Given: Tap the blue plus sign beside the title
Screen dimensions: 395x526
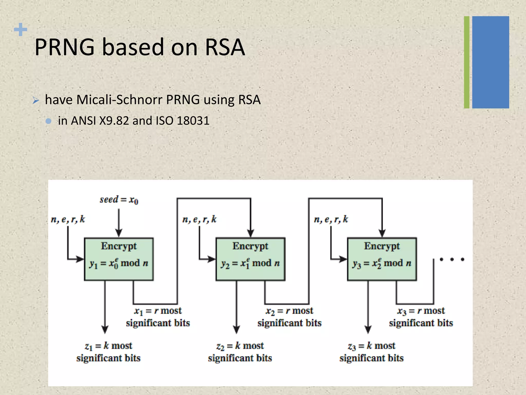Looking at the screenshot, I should pos(21,30).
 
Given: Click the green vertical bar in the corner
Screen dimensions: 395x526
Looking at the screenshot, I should pos(467,62).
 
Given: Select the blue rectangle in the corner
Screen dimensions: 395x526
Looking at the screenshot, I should pos(491,62).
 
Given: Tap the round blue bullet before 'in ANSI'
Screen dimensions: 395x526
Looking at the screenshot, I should pos(48,121).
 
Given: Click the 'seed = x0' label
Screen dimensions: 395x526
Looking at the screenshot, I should pos(119,200).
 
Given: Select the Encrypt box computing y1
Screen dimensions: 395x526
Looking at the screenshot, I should pos(119,259).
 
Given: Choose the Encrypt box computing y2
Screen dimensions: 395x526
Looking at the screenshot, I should pos(250,259).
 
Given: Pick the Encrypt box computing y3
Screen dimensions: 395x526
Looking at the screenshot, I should pos(382,259).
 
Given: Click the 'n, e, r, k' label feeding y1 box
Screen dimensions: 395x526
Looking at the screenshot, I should pos(68,219).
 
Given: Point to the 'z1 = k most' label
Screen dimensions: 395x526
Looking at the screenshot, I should pos(108,346).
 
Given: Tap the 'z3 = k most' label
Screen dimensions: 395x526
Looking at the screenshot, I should pos(371,346).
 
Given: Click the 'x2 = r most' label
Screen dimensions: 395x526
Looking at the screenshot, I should pos(289,311).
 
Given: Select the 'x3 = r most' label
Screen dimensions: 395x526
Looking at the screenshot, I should pos(421,311).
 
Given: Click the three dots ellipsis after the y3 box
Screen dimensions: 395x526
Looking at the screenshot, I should pos(452,259).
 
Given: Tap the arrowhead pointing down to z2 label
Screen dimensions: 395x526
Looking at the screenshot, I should pos(237,329).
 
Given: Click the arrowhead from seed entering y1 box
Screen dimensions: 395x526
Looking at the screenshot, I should pos(119,233).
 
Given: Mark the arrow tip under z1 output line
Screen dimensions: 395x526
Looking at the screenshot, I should pos(105,329).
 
